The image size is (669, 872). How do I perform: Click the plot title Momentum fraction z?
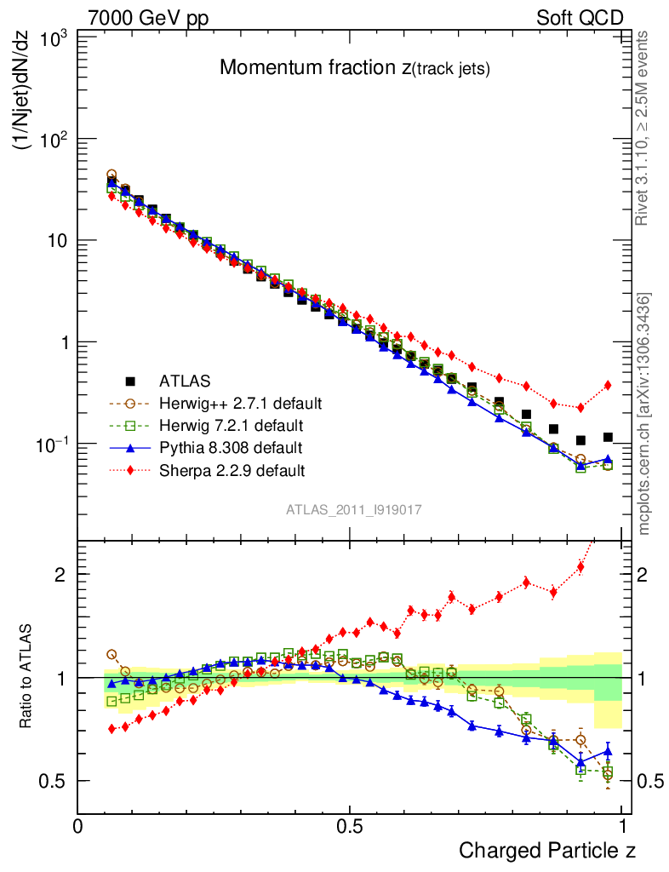click(x=354, y=68)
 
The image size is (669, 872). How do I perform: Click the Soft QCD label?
click(x=580, y=18)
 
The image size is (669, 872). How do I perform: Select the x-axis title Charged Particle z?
click(x=547, y=850)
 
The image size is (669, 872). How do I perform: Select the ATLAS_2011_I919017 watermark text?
click(x=354, y=509)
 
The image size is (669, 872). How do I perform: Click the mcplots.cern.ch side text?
click(x=645, y=414)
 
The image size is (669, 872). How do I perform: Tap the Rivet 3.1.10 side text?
click(x=643, y=128)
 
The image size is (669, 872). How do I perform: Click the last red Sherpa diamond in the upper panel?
click(x=608, y=385)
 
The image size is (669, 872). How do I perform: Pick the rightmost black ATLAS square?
click(x=608, y=437)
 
